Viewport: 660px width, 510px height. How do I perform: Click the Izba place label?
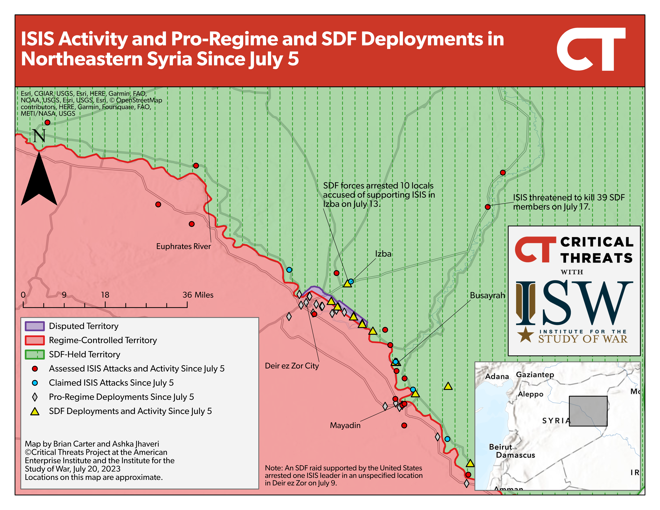[x=383, y=254]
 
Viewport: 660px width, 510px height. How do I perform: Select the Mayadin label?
[x=345, y=425]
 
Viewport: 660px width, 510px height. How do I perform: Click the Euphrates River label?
[x=183, y=246]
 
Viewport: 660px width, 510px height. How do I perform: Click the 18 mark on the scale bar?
[x=105, y=295]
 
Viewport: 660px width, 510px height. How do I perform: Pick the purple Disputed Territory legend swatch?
[x=35, y=326]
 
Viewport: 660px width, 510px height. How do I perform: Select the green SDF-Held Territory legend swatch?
[x=35, y=354]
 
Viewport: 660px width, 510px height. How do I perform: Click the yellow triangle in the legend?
[x=35, y=411]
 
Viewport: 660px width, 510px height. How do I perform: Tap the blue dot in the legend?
[x=35, y=383]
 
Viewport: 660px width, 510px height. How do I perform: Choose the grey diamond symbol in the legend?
[x=35, y=397]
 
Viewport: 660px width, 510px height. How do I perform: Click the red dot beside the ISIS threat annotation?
[x=487, y=207]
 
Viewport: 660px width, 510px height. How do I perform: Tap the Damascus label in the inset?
[x=516, y=455]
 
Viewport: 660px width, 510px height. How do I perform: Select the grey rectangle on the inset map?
[x=588, y=411]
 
